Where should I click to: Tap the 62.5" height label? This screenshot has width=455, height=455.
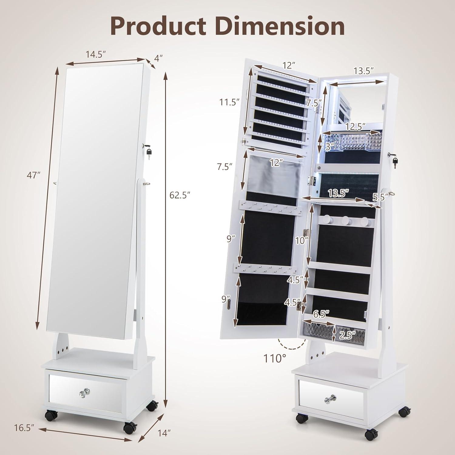[x=180, y=195]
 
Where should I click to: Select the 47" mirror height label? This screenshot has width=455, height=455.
[x=33, y=175]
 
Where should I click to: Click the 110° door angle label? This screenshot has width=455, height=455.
[x=275, y=359]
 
